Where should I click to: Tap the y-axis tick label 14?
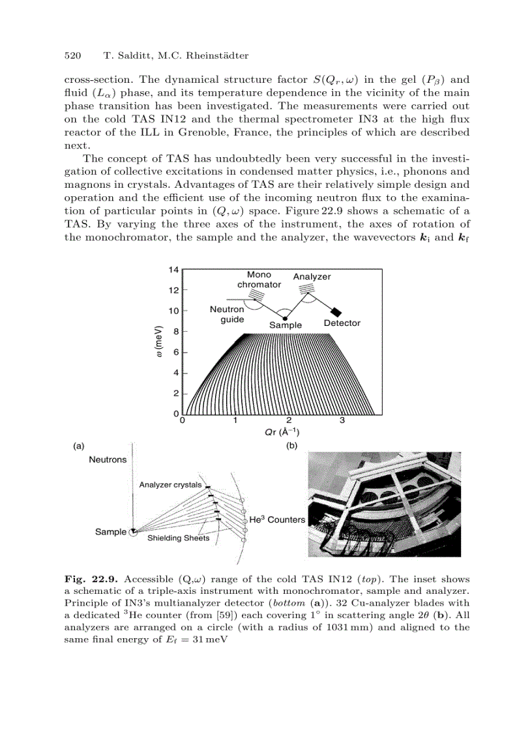pyautogui.click(x=174, y=269)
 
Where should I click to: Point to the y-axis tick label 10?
pyautogui.click(x=174, y=312)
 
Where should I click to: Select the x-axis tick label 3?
pyautogui.click(x=342, y=420)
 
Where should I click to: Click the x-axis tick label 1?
pyautogui.click(x=235, y=420)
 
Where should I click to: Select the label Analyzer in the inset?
pyautogui.click(x=312, y=277)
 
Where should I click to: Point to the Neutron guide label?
pyautogui.click(x=227, y=315)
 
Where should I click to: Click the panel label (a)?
pyautogui.click(x=78, y=447)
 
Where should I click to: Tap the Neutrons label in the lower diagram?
pyautogui.click(x=108, y=460)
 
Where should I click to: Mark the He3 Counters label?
pyautogui.click(x=277, y=520)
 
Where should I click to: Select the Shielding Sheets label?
pyautogui.click(x=178, y=538)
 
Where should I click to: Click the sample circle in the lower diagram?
pyautogui.click(x=133, y=532)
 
